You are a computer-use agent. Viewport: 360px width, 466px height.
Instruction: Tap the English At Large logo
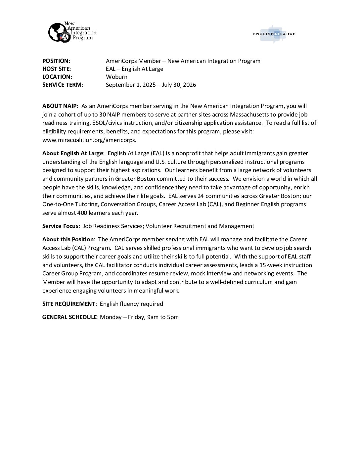tap(274, 34)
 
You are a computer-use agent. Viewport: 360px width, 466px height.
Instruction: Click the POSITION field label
tap(55, 61)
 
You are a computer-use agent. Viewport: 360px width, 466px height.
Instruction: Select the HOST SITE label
tap(56, 69)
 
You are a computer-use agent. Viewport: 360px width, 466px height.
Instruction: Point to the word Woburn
tap(116, 77)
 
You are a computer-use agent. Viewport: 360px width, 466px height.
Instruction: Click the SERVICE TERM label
tap(63, 85)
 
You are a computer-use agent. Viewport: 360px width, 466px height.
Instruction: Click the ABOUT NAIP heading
tap(60, 106)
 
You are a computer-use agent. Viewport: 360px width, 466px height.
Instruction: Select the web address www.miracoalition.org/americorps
tap(89, 140)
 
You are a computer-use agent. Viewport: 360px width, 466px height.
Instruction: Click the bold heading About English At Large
tap(73, 153)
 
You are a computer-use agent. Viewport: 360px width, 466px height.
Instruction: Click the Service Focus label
tap(60, 226)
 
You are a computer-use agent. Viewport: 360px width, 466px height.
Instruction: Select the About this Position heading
tap(68, 239)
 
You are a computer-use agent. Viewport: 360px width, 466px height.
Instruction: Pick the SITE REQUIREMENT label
tap(69, 304)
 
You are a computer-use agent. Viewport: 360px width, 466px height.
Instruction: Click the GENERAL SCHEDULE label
tap(69, 317)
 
